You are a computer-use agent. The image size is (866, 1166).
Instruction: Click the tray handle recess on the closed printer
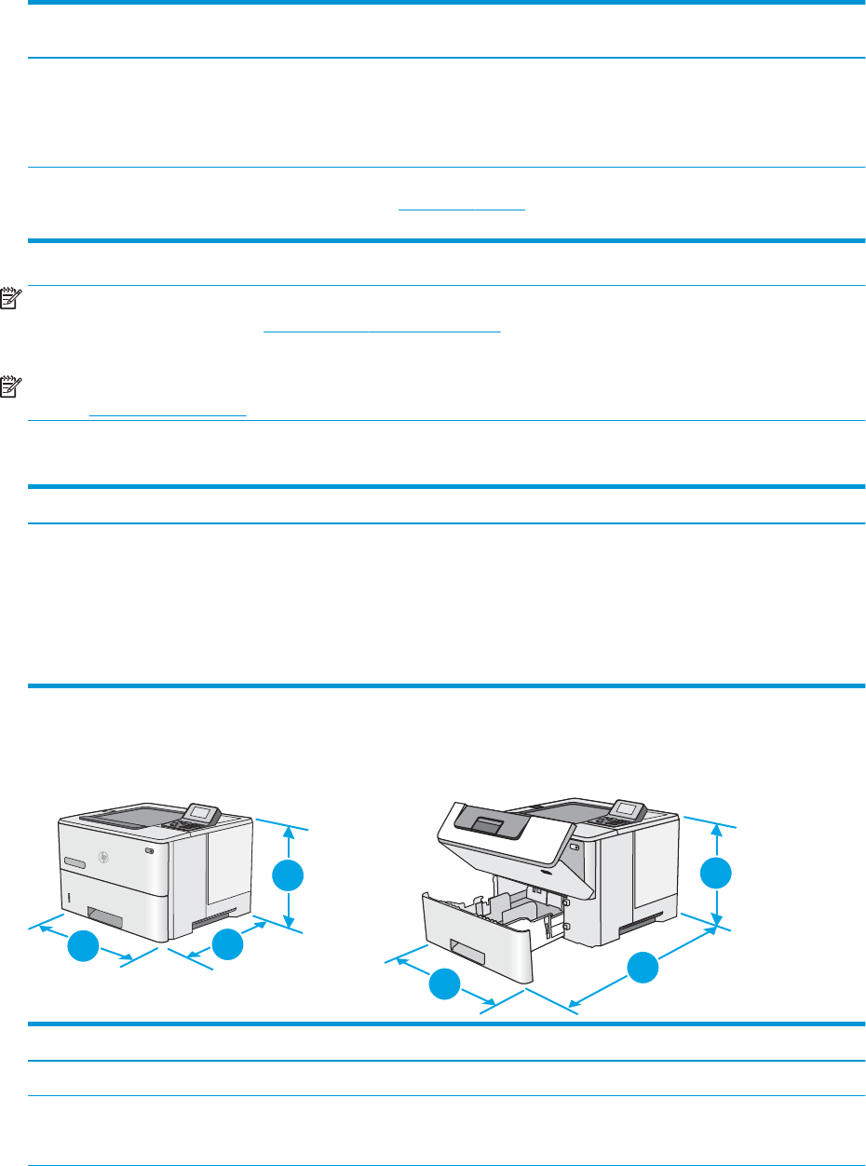pos(106,920)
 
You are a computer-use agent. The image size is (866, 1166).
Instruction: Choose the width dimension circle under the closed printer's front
pos(83,946)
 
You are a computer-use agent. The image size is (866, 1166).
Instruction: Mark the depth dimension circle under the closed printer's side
pos(227,944)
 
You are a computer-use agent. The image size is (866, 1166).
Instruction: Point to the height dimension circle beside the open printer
pos(716,874)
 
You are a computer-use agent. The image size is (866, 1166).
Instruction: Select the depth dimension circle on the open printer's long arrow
pos(641,969)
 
